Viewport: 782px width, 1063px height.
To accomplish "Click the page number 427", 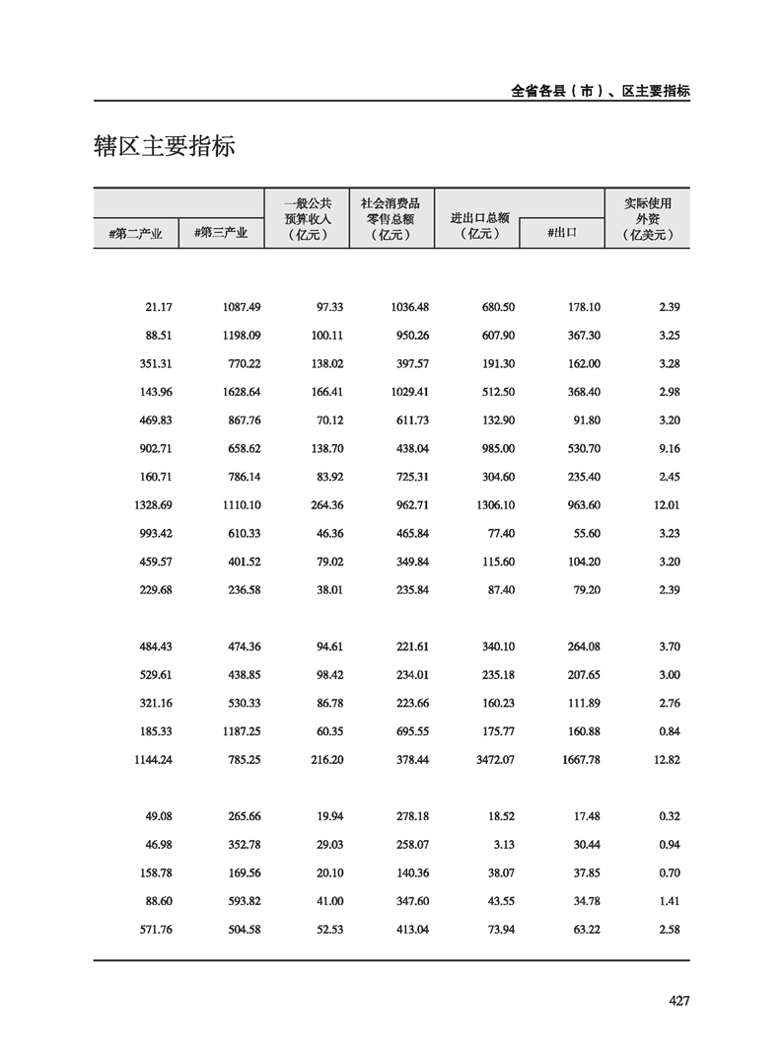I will tap(677, 1001).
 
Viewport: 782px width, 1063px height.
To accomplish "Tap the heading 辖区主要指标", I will tap(165, 147).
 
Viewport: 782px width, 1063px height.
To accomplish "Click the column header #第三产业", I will tap(222, 234).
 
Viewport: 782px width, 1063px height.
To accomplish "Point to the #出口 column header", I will tap(561, 234).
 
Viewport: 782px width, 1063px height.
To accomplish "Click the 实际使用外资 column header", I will tap(647, 218).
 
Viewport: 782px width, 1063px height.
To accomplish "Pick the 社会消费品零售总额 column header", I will tap(391, 218).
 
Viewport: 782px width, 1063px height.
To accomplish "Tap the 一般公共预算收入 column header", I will tap(307, 218).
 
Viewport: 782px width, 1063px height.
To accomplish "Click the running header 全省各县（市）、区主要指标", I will tap(601, 90).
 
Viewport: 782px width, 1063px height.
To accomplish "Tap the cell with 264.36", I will tap(323, 505).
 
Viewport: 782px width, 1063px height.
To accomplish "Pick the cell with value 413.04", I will tap(408, 930).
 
